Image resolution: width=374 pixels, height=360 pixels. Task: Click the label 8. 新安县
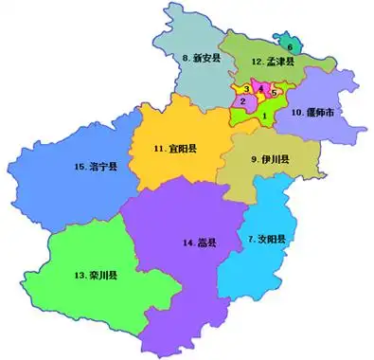201,58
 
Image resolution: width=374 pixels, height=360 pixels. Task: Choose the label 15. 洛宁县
96,168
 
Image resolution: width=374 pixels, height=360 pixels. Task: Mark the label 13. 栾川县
96,276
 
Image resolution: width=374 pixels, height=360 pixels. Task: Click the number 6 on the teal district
290,45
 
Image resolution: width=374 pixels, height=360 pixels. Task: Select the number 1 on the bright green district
264,116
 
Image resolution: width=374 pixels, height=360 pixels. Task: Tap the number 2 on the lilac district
243,100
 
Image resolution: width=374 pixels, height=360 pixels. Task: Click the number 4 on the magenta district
260,88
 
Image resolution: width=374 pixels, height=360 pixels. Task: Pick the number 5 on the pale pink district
274,93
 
